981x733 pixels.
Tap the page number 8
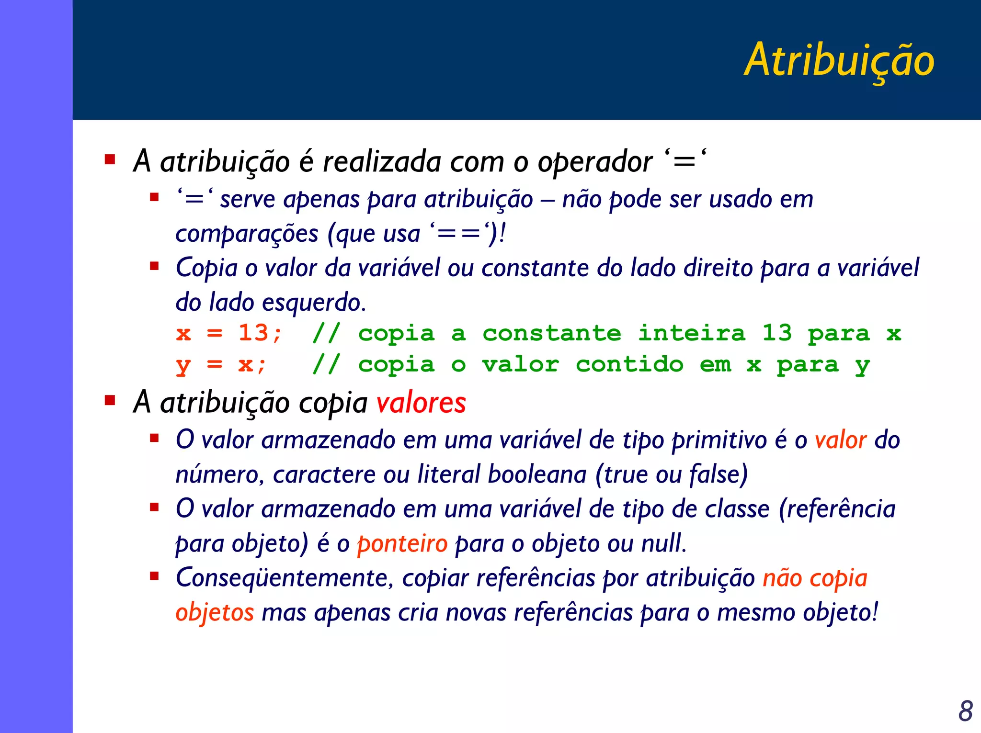click(x=965, y=711)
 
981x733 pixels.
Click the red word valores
click(x=421, y=403)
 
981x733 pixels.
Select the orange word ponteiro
click(x=402, y=544)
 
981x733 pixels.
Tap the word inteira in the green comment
click(x=691, y=333)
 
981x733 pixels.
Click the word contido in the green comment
click(x=629, y=365)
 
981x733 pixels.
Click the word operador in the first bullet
click(x=594, y=162)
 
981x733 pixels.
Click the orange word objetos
click(x=215, y=613)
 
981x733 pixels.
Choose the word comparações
click(x=247, y=234)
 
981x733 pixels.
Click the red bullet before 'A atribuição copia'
click(x=110, y=400)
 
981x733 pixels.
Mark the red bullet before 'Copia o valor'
click(x=154, y=266)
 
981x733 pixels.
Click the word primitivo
click(x=719, y=440)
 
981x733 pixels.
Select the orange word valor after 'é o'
click(x=840, y=440)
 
